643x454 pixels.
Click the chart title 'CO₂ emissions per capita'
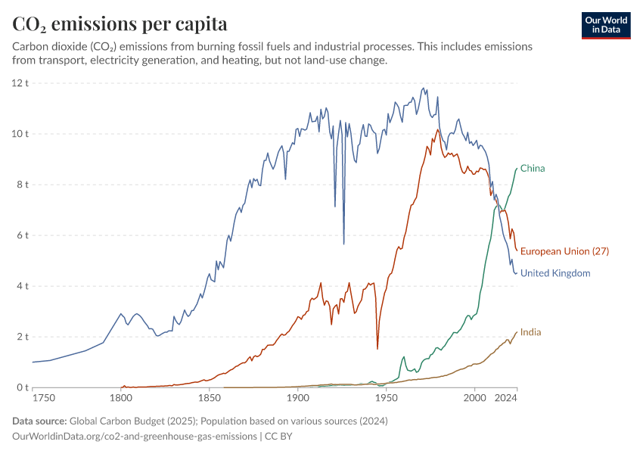pos(120,24)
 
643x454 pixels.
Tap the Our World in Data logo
pos(606,25)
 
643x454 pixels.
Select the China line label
pos(533,169)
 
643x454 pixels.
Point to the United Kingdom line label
pos(555,273)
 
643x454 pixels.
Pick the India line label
pos(530,332)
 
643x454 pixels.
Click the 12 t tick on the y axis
pos(20,82)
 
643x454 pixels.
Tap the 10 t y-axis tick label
pos(20,134)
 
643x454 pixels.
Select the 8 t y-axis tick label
pos(23,185)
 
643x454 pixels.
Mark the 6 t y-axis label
pos(23,235)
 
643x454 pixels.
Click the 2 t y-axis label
pos(23,337)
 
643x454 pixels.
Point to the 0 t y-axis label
pos(23,387)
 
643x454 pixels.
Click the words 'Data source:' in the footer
pos(39,421)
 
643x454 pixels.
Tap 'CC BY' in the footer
pos(278,436)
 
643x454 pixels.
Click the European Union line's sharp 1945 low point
pos(377,349)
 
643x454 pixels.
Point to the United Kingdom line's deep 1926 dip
pos(343,244)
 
